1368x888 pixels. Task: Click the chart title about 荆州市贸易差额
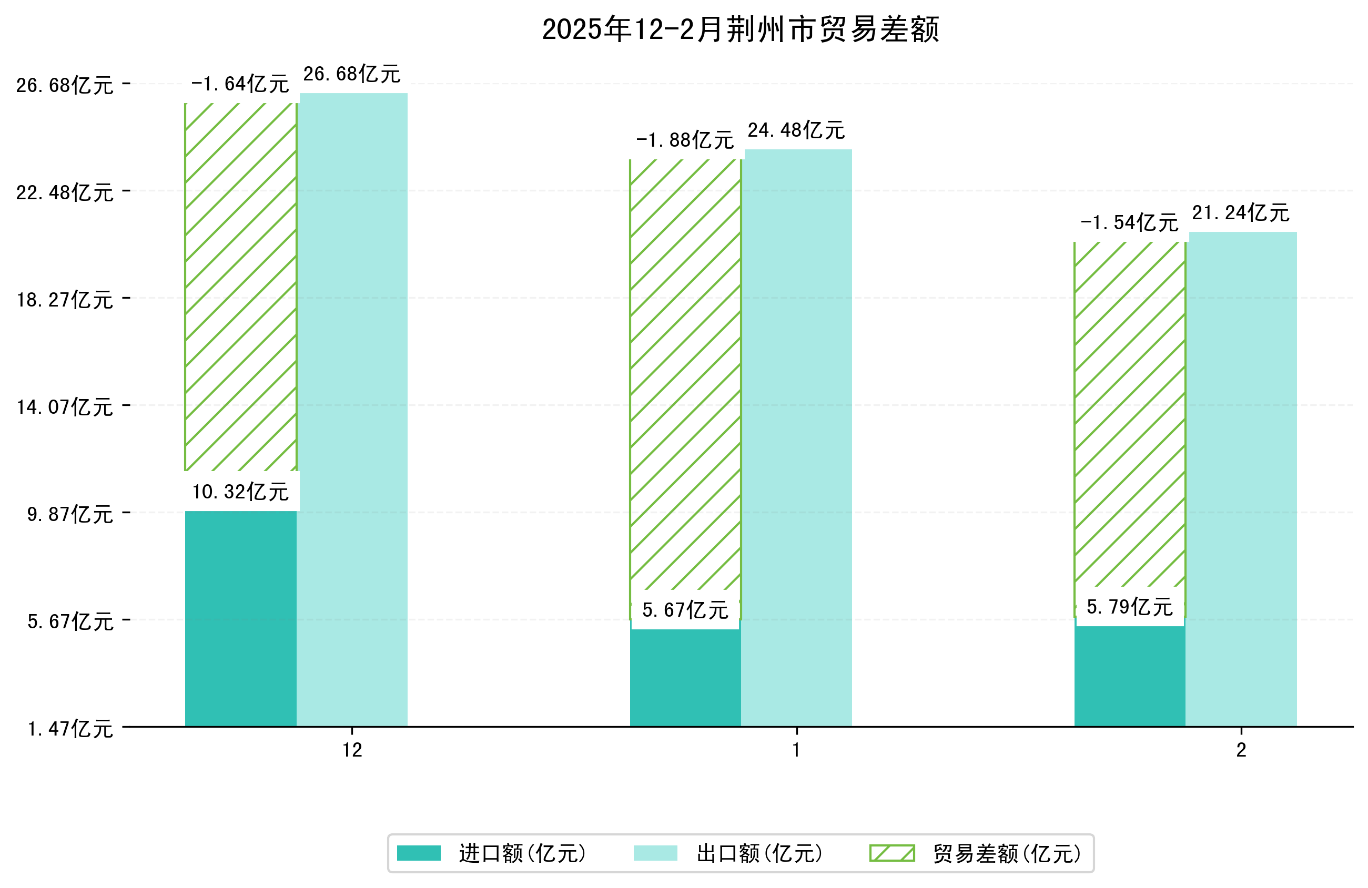tap(741, 29)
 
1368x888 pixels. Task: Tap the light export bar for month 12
tap(352, 409)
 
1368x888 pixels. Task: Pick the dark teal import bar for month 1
tap(685, 678)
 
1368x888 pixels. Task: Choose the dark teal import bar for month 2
tap(1129, 677)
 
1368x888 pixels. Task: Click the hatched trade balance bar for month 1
tap(685, 374)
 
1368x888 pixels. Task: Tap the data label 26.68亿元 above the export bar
tap(352, 74)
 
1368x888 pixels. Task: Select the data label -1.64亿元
tap(240, 85)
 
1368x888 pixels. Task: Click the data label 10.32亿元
tap(240, 492)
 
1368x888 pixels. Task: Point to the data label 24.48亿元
tap(796, 130)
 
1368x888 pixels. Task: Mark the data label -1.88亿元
tap(685, 140)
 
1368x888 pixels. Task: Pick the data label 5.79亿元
tap(1129, 607)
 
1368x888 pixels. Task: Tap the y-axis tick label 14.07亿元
tap(65, 407)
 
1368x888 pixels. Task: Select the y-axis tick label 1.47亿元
tap(70, 729)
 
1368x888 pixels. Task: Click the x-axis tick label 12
tap(352, 750)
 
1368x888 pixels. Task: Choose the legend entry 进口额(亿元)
tap(522, 853)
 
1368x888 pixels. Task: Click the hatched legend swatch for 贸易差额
tap(891, 853)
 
